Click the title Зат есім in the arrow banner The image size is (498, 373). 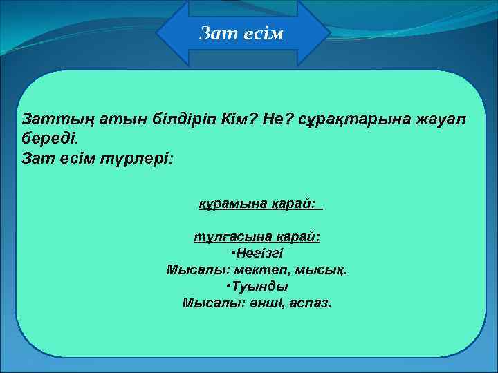[241, 33]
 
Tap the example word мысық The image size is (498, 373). [324, 269]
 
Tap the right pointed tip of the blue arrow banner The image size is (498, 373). [327, 33]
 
